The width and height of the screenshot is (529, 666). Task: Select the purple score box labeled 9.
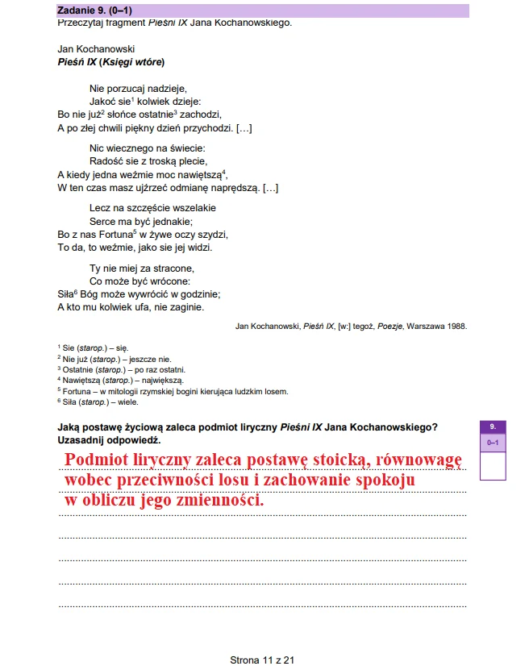(x=492, y=427)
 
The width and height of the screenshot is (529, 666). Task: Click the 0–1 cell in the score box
(x=492, y=443)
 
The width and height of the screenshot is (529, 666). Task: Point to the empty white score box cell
(x=492, y=465)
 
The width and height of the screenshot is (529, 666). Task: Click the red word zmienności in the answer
(x=219, y=500)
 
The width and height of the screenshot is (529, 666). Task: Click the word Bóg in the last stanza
(x=91, y=294)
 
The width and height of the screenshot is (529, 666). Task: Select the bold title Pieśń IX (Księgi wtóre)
(x=115, y=61)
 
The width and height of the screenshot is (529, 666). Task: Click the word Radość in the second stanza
(x=107, y=160)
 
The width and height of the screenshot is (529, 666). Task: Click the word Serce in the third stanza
(x=103, y=221)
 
